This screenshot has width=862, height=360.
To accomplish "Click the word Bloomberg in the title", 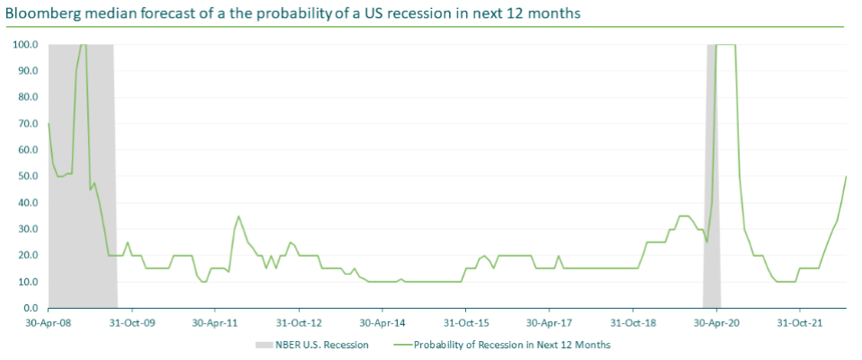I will pyautogui.click(x=41, y=14).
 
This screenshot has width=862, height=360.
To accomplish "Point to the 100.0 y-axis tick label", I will pyautogui.click(x=24, y=44).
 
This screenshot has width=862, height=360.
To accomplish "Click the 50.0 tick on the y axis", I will pyautogui.click(x=27, y=176).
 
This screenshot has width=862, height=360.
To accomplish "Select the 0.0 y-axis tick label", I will pyautogui.click(x=30, y=308).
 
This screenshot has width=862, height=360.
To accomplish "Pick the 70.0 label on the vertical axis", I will pyautogui.click(x=27, y=123).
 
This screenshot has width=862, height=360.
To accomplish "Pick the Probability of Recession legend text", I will pyautogui.click(x=511, y=344).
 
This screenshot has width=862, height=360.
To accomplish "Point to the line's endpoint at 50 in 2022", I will pyautogui.click(x=847, y=176).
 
